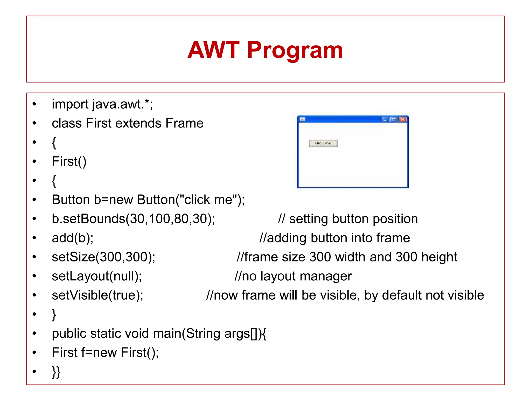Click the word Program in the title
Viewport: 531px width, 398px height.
[295, 50]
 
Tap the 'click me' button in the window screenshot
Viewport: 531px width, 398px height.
[323, 143]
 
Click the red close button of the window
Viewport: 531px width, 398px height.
[403, 119]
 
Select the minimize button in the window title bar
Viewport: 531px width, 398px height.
[385, 119]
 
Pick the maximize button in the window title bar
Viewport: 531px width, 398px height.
[394, 119]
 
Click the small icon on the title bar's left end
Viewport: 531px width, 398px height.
[302, 119]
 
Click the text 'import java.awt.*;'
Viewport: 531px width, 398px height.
[102, 104]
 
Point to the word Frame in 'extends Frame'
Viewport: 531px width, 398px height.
[184, 123]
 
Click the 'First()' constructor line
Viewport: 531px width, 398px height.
[69, 161]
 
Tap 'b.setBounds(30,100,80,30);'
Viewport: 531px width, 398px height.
[133, 219]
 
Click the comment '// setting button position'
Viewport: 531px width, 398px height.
[348, 219]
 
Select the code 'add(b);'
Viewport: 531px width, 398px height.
[73, 238]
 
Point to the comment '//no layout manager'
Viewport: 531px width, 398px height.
[293, 276]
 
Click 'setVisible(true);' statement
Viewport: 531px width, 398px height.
[97, 295]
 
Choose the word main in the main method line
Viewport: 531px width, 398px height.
[167, 333]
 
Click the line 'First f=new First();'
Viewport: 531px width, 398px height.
[105, 353]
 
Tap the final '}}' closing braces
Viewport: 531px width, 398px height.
[56, 372]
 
